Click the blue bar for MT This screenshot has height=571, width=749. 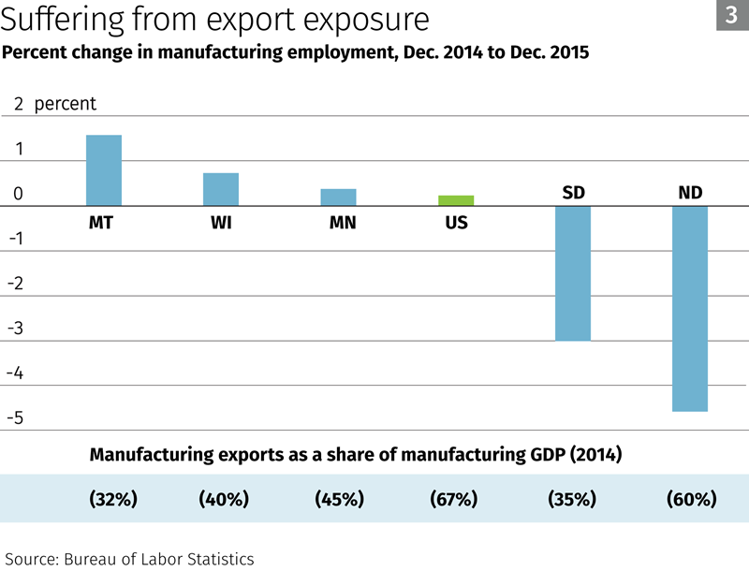104,170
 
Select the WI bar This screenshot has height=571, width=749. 221,189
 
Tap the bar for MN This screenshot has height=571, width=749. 338,197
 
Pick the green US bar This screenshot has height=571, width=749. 456,200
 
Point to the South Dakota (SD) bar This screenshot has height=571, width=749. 573,272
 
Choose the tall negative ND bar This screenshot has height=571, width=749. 691,308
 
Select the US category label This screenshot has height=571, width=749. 456,224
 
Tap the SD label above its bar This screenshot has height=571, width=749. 573,193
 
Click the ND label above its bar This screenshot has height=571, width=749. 691,193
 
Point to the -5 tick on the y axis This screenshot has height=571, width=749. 14,417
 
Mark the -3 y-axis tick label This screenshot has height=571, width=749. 14,329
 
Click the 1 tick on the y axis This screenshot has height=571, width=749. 19,150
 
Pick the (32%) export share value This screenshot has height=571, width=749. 113,499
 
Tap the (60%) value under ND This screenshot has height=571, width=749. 691,499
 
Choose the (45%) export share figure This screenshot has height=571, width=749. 339,499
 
